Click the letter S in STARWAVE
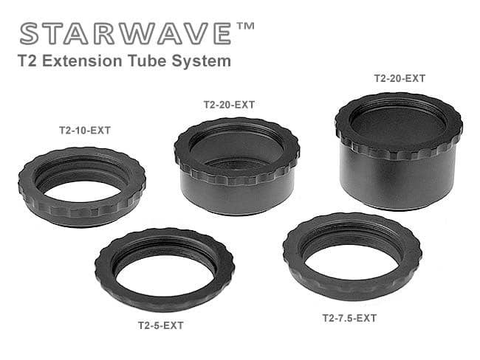click(x=31, y=34)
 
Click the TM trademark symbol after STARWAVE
click(x=246, y=28)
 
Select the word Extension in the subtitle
click(x=78, y=61)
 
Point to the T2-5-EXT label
click(x=162, y=325)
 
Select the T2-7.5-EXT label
click(x=349, y=319)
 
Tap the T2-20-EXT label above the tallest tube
click(x=400, y=77)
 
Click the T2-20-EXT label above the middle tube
click(x=229, y=105)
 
